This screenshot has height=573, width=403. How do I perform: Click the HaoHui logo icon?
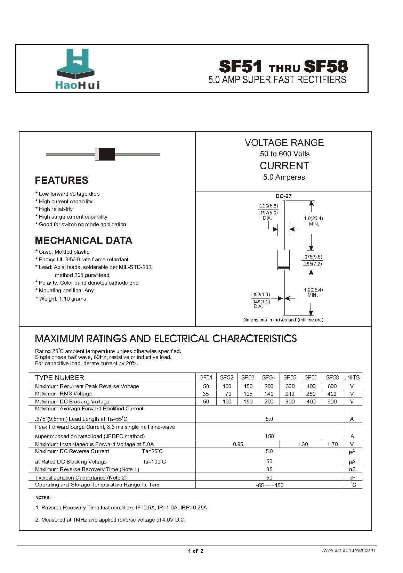pyautogui.click(x=75, y=63)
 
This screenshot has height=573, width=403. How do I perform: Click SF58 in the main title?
pyautogui.click(x=325, y=66)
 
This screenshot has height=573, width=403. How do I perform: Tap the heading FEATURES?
pyautogui.click(x=62, y=180)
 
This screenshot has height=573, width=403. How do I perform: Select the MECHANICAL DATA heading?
pyautogui.click(x=83, y=240)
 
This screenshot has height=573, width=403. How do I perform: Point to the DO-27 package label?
pyautogui.click(x=283, y=196)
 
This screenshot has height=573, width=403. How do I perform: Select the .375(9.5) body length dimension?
pyautogui.click(x=312, y=257)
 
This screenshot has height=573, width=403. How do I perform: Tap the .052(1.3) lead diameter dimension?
pyautogui.click(x=260, y=295)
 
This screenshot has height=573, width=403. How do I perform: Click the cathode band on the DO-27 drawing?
pyautogui.click(x=284, y=267)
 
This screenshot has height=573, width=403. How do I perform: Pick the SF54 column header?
pyautogui.click(x=269, y=377)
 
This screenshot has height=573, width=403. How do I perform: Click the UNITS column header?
pyautogui.click(x=352, y=377)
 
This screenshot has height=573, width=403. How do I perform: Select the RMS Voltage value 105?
pyautogui.click(x=248, y=394)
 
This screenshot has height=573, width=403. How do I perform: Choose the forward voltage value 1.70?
pyautogui.click(x=332, y=444)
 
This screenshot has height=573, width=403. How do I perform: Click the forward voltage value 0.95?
pyautogui.click(x=238, y=444)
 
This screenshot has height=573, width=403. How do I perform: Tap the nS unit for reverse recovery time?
pyautogui.click(x=352, y=469)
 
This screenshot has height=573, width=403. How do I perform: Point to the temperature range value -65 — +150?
pyautogui.click(x=269, y=485)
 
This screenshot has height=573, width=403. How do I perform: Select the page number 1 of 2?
pyautogui.click(x=196, y=551)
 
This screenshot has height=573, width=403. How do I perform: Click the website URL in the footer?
pyautogui.click(x=348, y=550)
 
